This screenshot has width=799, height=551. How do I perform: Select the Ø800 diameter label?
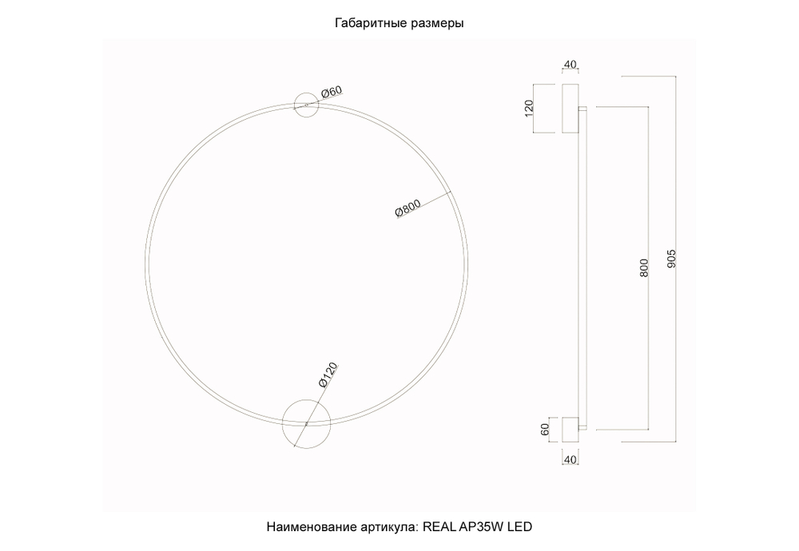(x=408, y=211)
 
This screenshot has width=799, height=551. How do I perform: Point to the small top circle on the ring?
(x=307, y=105)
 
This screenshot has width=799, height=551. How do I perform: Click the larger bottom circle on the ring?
(x=306, y=422)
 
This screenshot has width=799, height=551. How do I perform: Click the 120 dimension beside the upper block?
(x=528, y=109)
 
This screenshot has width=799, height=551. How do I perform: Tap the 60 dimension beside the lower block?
(x=546, y=429)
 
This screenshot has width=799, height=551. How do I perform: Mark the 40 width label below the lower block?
(x=570, y=459)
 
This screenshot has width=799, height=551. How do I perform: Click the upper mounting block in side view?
(x=570, y=109)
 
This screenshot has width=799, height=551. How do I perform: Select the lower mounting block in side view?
(x=570, y=429)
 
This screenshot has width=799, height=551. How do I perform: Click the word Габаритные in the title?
(x=368, y=24)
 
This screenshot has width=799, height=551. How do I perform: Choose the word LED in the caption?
(x=519, y=527)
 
